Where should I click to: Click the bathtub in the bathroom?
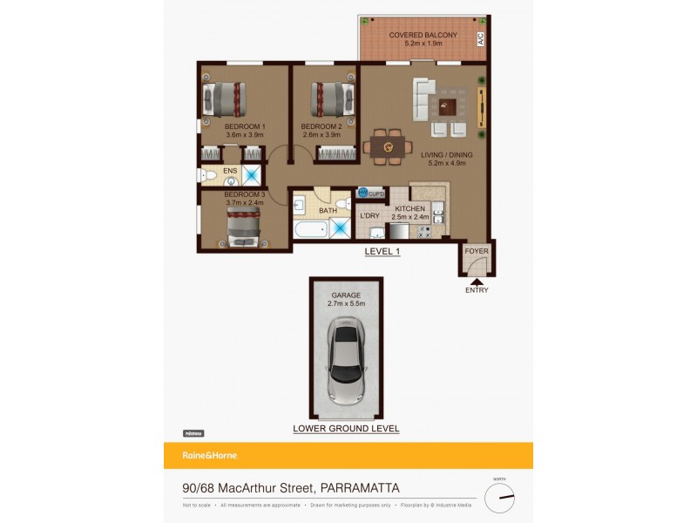click(x=309, y=230)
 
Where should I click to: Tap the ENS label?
click(x=230, y=171)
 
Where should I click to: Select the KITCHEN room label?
click(x=409, y=209)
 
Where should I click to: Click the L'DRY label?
click(x=369, y=215)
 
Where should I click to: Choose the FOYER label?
click(x=477, y=251)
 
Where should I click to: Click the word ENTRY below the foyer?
click(x=477, y=290)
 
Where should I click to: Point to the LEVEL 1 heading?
click(x=382, y=252)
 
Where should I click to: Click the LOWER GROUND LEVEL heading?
click(x=346, y=428)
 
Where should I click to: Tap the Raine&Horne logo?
click(x=209, y=455)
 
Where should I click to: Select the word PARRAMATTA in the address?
click(x=361, y=489)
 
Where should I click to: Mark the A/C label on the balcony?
click(x=480, y=39)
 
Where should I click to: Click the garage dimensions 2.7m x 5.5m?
click(x=346, y=304)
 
